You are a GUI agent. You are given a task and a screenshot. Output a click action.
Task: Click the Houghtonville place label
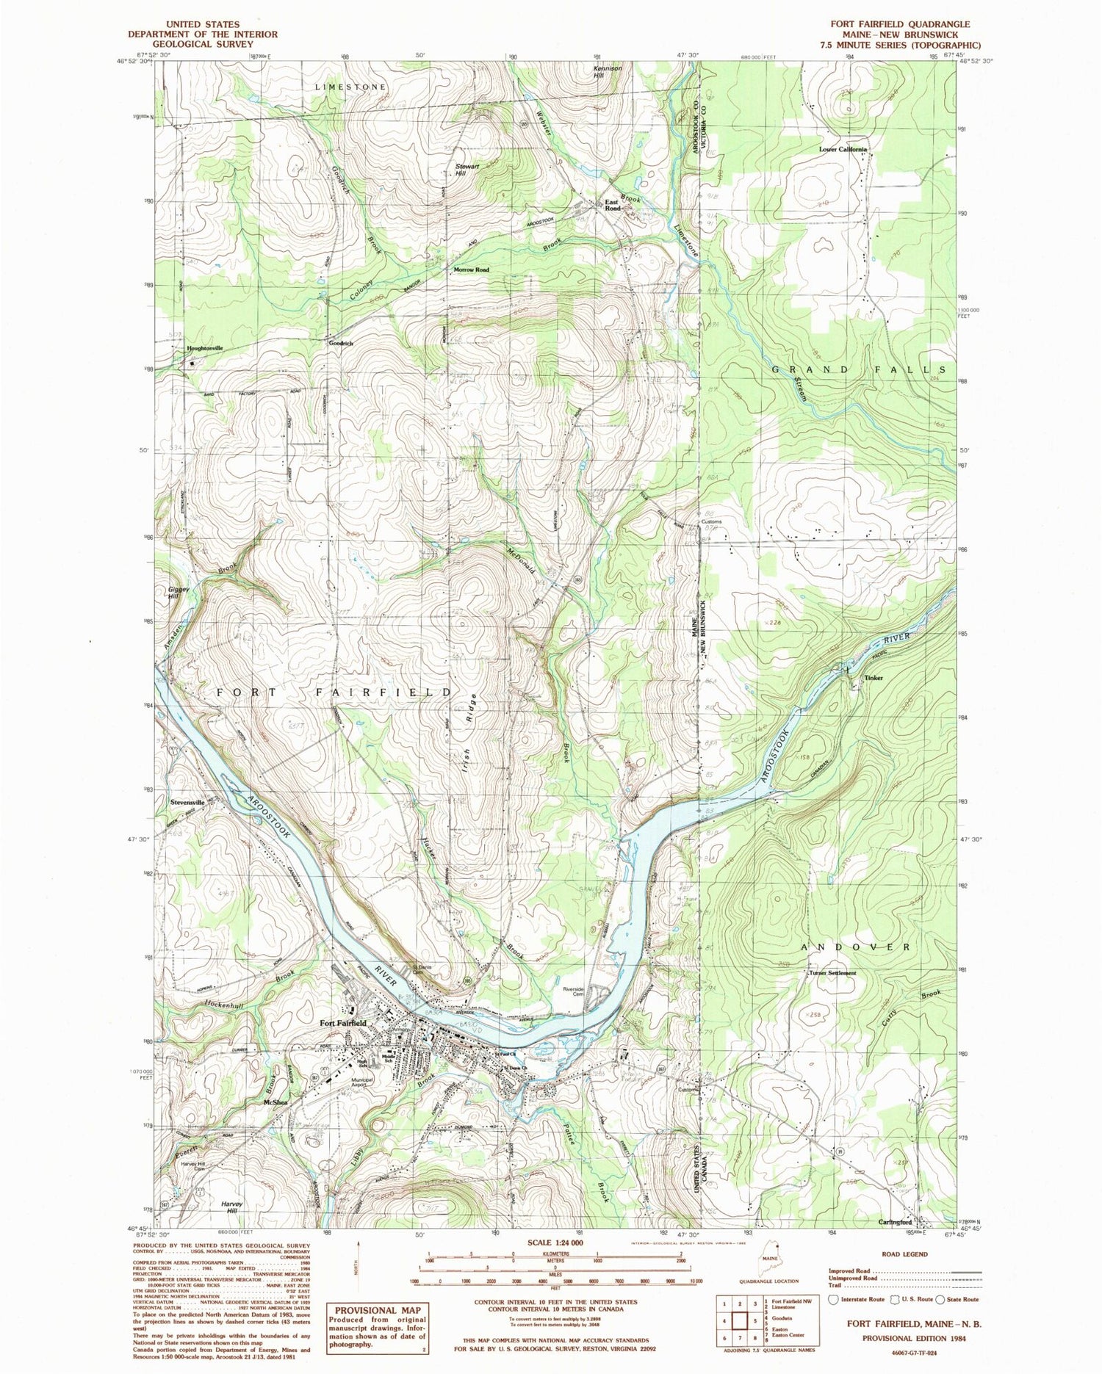204,348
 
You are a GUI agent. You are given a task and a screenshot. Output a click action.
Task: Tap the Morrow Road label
471,270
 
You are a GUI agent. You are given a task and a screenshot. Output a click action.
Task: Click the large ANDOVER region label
855,947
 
